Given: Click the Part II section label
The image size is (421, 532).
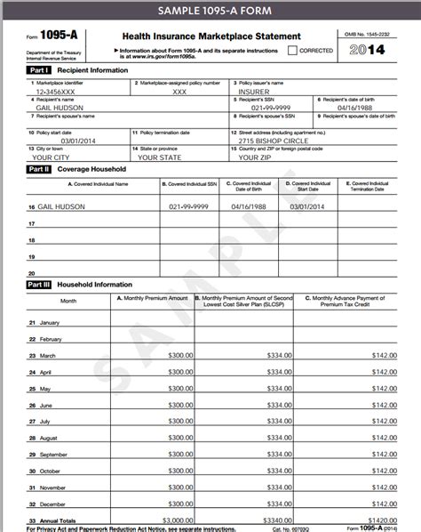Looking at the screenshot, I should (x=39, y=168).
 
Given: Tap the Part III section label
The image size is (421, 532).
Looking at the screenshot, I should (x=39, y=285).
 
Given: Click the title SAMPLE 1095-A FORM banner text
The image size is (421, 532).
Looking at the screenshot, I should (x=210, y=11).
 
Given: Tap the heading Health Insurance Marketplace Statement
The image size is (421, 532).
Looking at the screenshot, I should (x=207, y=36).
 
